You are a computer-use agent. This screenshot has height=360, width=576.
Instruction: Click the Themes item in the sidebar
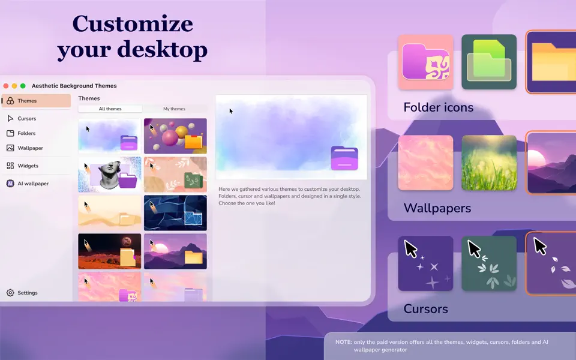pyautogui.click(x=27, y=101)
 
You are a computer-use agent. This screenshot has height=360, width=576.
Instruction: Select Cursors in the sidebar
pyautogui.click(x=27, y=119)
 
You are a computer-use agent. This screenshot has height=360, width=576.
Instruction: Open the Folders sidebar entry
pyautogui.click(x=26, y=133)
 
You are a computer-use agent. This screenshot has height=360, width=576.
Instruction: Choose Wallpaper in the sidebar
pyautogui.click(x=30, y=148)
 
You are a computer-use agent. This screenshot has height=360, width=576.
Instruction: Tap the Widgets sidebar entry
pyautogui.click(x=28, y=166)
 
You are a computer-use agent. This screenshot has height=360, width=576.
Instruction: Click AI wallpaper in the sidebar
pyautogui.click(x=33, y=184)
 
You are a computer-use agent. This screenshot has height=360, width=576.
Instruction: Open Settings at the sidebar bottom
pyautogui.click(x=28, y=293)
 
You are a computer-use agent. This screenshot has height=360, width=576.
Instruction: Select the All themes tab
pyautogui.click(x=110, y=109)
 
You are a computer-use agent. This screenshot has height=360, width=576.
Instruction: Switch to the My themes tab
pyautogui.click(x=175, y=109)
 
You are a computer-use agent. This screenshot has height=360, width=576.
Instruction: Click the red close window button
pyautogui.click(x=6, y=86)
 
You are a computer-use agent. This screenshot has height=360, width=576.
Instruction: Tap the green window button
pyautogui.click(x=23, y=86)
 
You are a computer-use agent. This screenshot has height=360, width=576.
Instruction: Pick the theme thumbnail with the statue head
pyautogui.click(x=110, y=174)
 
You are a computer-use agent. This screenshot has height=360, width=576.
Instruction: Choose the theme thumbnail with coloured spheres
pyautogui.click(x=175, y=136)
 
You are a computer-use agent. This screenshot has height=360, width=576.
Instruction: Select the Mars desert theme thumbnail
pyautogui.click(x=110, y=251)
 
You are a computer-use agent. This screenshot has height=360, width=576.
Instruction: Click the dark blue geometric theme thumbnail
pyautogui.click(x=175, y=212)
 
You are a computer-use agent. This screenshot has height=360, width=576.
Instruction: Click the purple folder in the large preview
pyautogui.click(x=344, y=158)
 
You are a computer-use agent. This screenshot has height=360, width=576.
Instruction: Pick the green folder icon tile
pyautogui.click(x=489, y=62)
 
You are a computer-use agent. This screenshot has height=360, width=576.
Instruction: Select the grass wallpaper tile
pyautogui.click(x=489, y=163)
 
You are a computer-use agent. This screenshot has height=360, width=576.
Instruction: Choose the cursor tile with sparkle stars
pyautogui.click(x=425, y=263)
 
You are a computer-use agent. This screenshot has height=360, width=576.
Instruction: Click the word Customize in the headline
pyautogui.click(x=133, y=24)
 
